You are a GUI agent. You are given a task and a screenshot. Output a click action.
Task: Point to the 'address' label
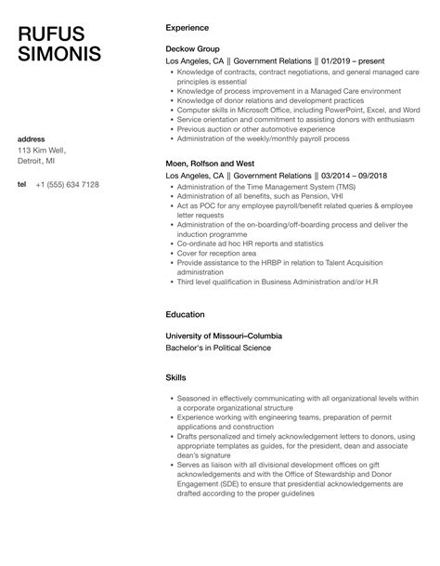point(32,138)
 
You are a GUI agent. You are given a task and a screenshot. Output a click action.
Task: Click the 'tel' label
point(22,184)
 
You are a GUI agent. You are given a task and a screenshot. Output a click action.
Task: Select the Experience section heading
point(187,28)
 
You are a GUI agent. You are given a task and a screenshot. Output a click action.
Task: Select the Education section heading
point(185,314)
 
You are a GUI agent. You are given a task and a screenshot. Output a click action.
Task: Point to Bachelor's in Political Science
point(218,348)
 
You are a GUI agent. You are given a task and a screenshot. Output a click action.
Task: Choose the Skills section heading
point(175,379)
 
